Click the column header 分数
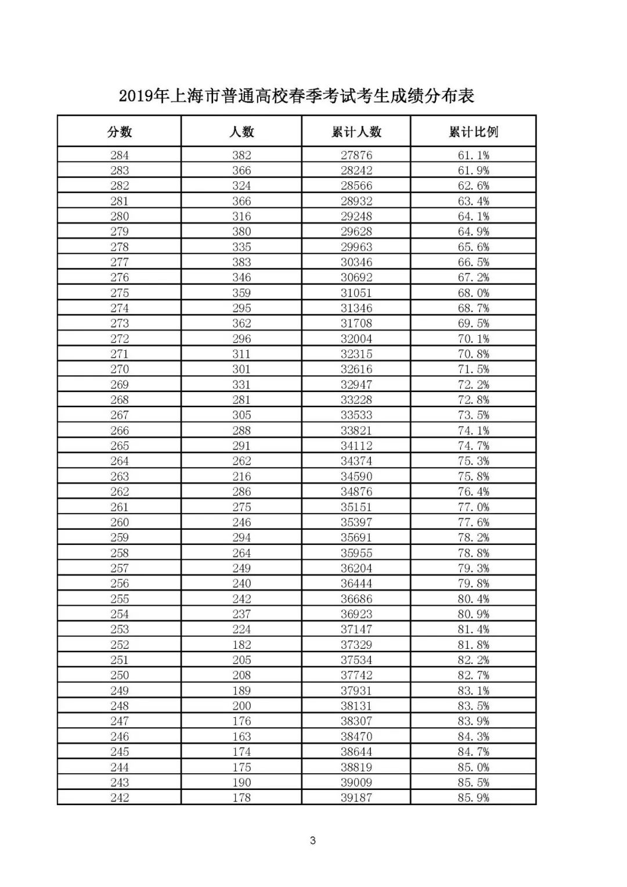pyautogui.click(x=120, y=132)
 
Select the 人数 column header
pyautogui.click(x=242, y=132)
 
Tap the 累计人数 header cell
pyautogui.click(x=356, y=132)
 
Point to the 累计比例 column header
pyautogui.click(x=473, y=132)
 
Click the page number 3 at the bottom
pyautogui.click(x=313, y=841)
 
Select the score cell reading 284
pyautogui.click(x=120, y=155)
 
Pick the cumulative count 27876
pyautogui.click(x=356, y=155)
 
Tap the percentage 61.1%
pyautogui.click(x=473, y=155)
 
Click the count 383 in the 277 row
pyautogui.click(x=242, y=262)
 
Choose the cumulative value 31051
pyautogui.click(x=356, y=293)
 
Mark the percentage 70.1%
pyautogui.click(x=473, y=339)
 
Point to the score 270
pyautogui.click(x=120, y=369)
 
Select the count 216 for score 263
pyautogui.click(x=242, y=476)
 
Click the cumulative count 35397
pyautogui.click(x=356, y=522)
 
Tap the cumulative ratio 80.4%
pyautogui.click(x=473, y=599)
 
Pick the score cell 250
pyautogui.click(x=120, y=675)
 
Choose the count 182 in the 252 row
pyautogui.click(x=242, y=645)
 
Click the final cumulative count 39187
pyautogui.click(x=356, y=798)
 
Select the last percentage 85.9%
pyautogui.click(x=473, y=798)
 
